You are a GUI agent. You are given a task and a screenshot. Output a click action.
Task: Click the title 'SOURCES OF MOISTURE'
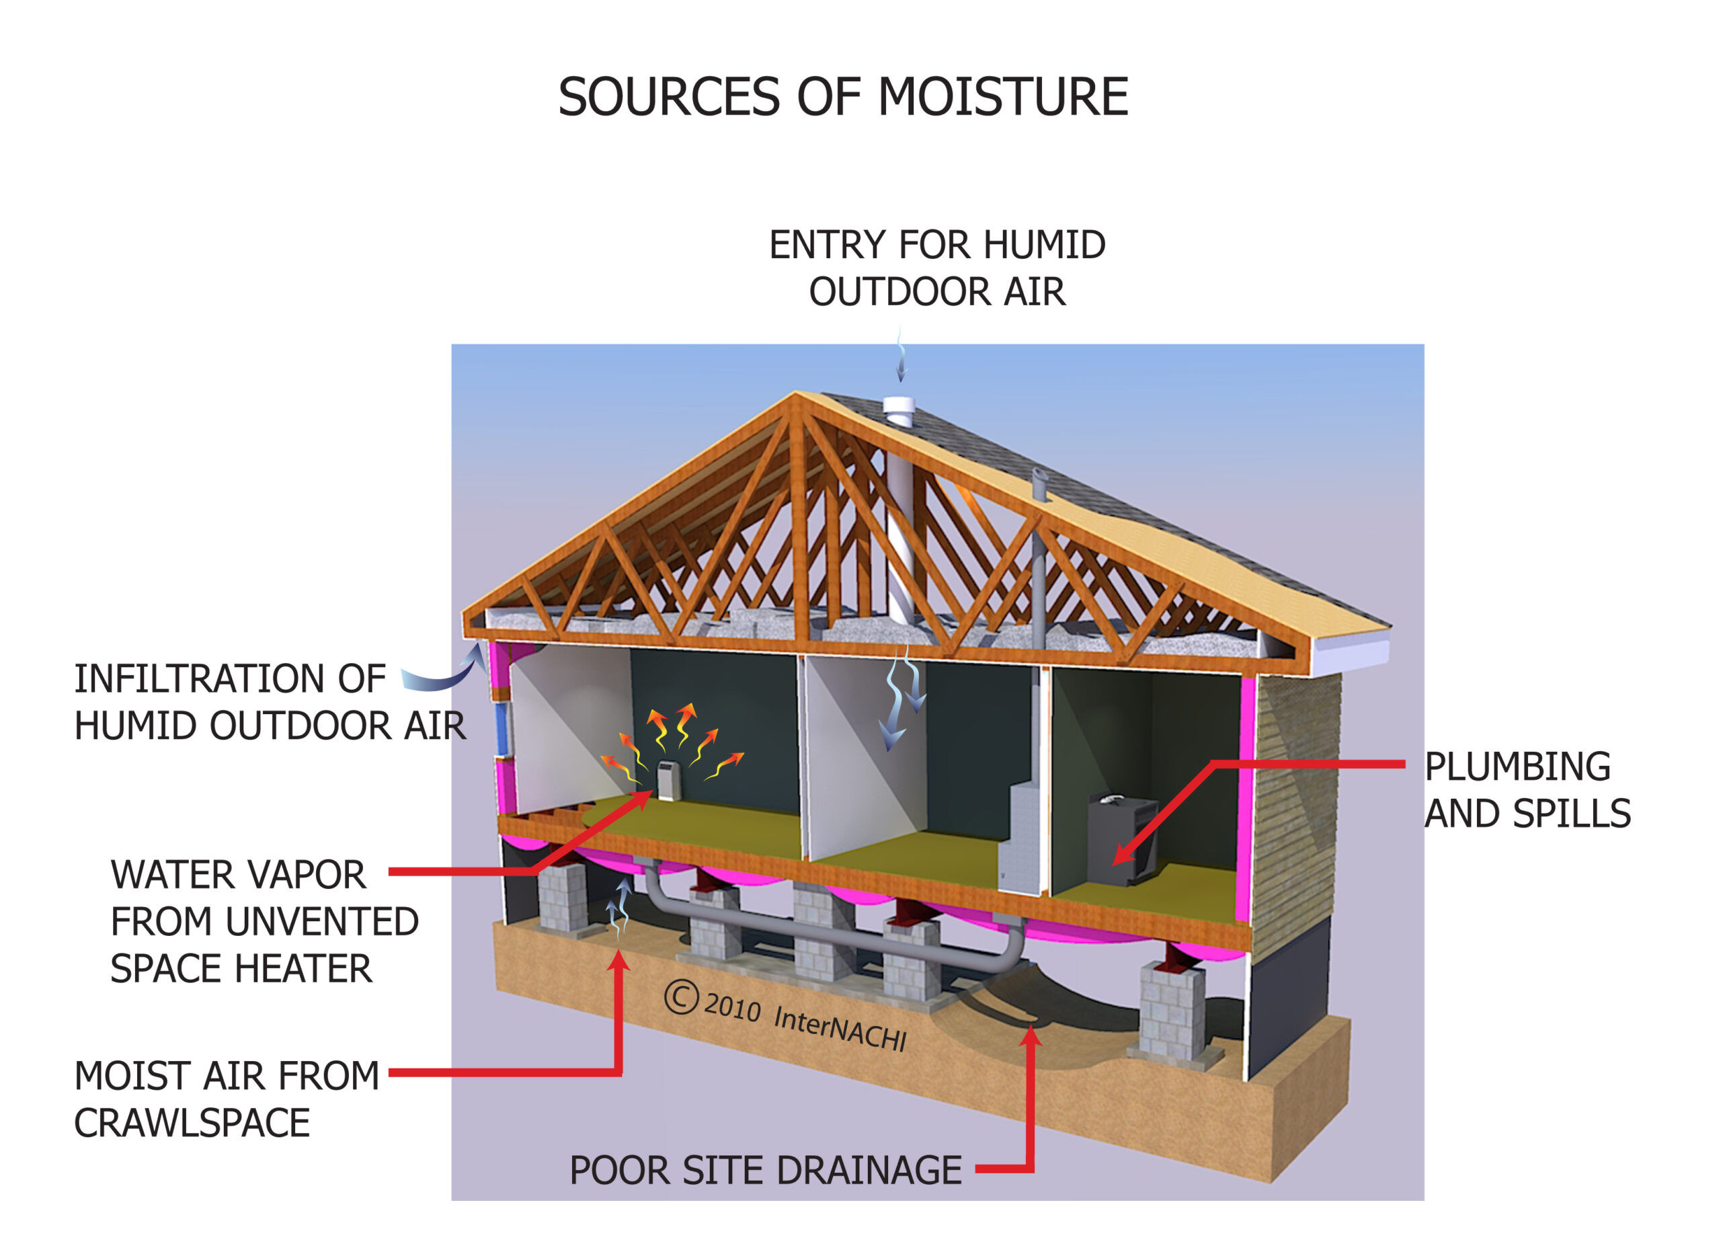(843, 97)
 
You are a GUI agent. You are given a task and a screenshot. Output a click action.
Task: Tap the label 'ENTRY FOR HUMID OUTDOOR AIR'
(937, 268)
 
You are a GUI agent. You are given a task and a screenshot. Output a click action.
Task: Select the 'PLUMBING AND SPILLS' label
(1527, 790)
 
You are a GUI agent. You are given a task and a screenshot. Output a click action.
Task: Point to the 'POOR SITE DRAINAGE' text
(766, 1170)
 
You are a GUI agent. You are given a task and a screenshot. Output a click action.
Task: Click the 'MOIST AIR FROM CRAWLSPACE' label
(226, 1099)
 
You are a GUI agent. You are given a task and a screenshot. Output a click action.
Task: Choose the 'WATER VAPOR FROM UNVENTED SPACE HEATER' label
(264, 922)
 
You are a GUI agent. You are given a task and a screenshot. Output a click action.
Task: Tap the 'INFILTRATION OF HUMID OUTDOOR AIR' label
(270, 702)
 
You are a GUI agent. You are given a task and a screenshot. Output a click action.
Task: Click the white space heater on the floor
(667, 781)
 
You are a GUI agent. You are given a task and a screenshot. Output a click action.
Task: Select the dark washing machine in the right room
(1122, 838)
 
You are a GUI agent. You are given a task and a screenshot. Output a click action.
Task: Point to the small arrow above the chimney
(901, 355)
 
